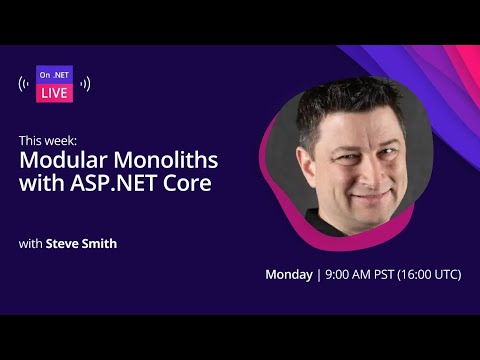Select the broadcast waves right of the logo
coord(85,84)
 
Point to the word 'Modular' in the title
coord(68,160)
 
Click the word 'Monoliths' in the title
coord(165,160)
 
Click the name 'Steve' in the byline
coord(61,243)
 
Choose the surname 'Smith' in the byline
coord(99,243)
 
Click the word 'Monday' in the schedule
coord(288,274)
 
